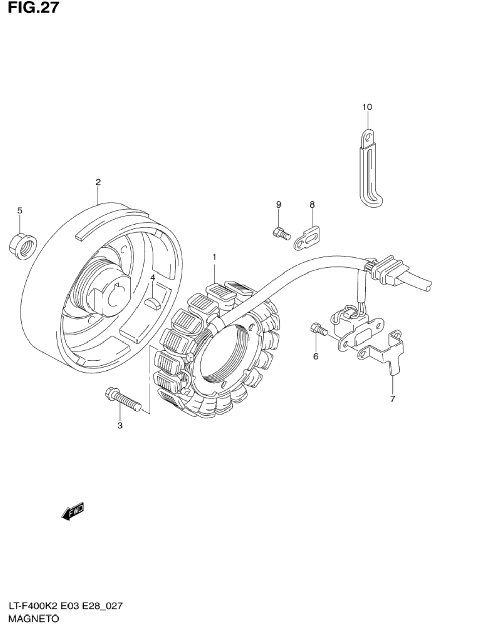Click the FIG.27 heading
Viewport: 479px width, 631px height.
[x=33, y=8]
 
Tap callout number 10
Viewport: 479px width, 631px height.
[x=367, y=107]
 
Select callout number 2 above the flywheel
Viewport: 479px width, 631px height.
[x=98, y=182]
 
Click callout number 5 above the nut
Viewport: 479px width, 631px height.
[x=20, y=211]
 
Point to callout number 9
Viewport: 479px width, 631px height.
[x=279, y=204]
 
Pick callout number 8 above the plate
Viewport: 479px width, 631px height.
[x=312, y=204]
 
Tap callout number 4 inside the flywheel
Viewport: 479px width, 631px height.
[x=153, y=278]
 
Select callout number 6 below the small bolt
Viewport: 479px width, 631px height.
[x=316, y=356]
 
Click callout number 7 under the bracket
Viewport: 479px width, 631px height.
[x=392, y=399]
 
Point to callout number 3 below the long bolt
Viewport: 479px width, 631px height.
[x=120, y=433]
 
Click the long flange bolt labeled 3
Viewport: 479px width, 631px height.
[x=123, y=400]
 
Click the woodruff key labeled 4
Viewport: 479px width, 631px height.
[x=153, y=303]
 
